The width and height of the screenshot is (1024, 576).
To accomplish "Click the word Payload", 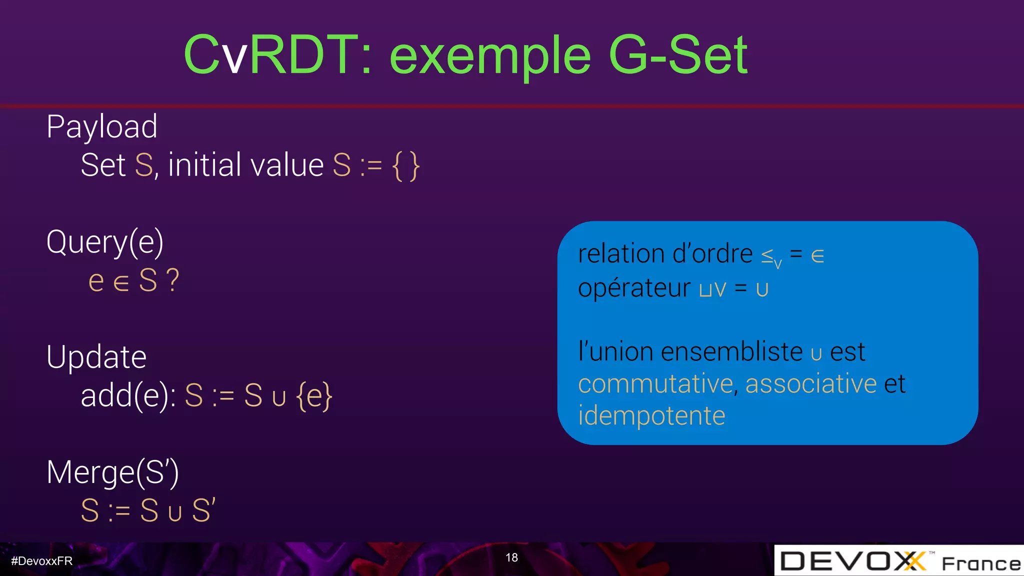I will tap(102, 127).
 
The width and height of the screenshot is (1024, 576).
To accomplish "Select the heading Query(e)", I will tap(105, 243).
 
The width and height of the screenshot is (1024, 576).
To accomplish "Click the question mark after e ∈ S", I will tap(172, 280).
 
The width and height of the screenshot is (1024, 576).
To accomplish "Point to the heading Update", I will tap(96, 357).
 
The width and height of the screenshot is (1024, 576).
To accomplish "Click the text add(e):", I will tap(128, 396).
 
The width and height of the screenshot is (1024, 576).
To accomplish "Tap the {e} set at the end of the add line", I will tap(314, 396).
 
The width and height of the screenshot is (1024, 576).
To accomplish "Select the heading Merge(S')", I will tap(112, 472).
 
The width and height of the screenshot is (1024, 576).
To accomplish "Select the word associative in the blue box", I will tap(810, 384).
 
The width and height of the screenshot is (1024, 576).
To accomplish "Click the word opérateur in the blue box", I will tap(634, 288).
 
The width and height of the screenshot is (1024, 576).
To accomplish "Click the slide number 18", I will tap(511, 558).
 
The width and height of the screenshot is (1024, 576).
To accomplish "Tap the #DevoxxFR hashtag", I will tap(42, 561).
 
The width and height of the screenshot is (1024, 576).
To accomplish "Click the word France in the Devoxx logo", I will tap(981, 564).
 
